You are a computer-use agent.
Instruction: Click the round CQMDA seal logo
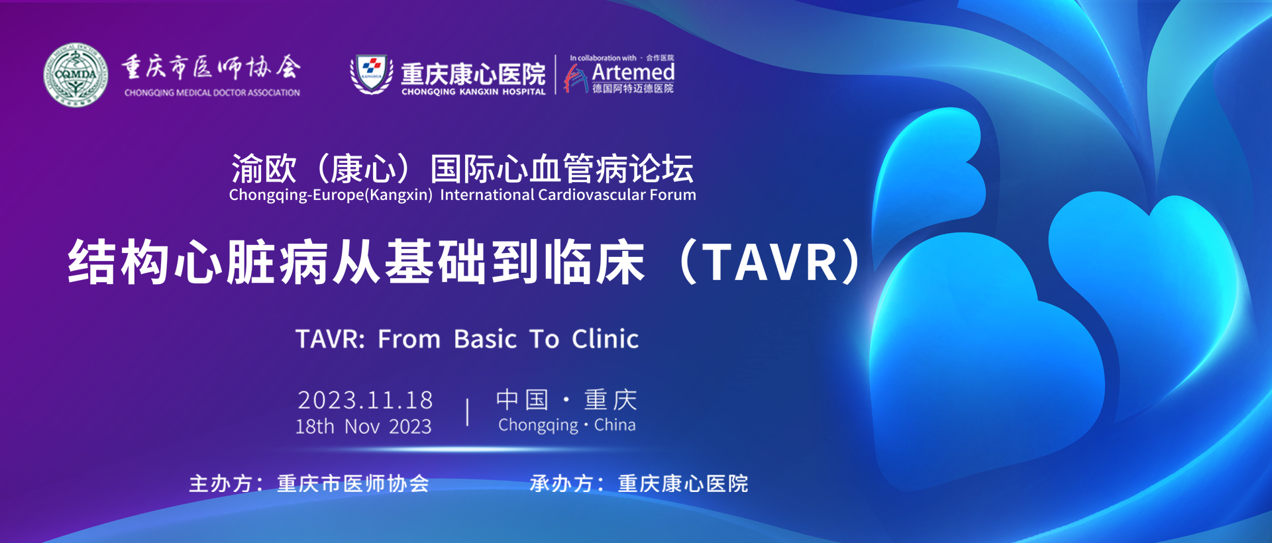[x=76, y=75]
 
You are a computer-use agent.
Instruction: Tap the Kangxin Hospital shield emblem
[x=371, y=74]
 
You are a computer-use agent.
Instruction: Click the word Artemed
[x=633, y=72]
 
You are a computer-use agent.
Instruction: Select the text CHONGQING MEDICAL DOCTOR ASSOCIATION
[x=212, y=93]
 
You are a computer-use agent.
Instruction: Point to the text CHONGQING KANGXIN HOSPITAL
[x=474, y=92]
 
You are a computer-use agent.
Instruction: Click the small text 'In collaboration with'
[x=603, y=58]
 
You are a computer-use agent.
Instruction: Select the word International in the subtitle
[x=487, y=195]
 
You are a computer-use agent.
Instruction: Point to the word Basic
[x=485, y=339]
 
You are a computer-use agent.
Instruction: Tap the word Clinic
[x=606, y=339]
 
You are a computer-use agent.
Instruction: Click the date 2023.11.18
[x=365, y=400]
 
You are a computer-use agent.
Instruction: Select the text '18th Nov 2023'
[x=363, y=426]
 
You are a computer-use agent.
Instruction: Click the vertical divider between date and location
[x=468, y=412]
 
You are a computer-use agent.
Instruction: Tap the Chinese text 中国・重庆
[x=566, y=399]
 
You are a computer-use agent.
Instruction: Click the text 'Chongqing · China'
[x=567, y=425]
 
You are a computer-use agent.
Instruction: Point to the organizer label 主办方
[x=221, y=483]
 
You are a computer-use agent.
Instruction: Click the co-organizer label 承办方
[x=561, y=483]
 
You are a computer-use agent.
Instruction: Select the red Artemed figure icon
[x=575, y=78]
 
